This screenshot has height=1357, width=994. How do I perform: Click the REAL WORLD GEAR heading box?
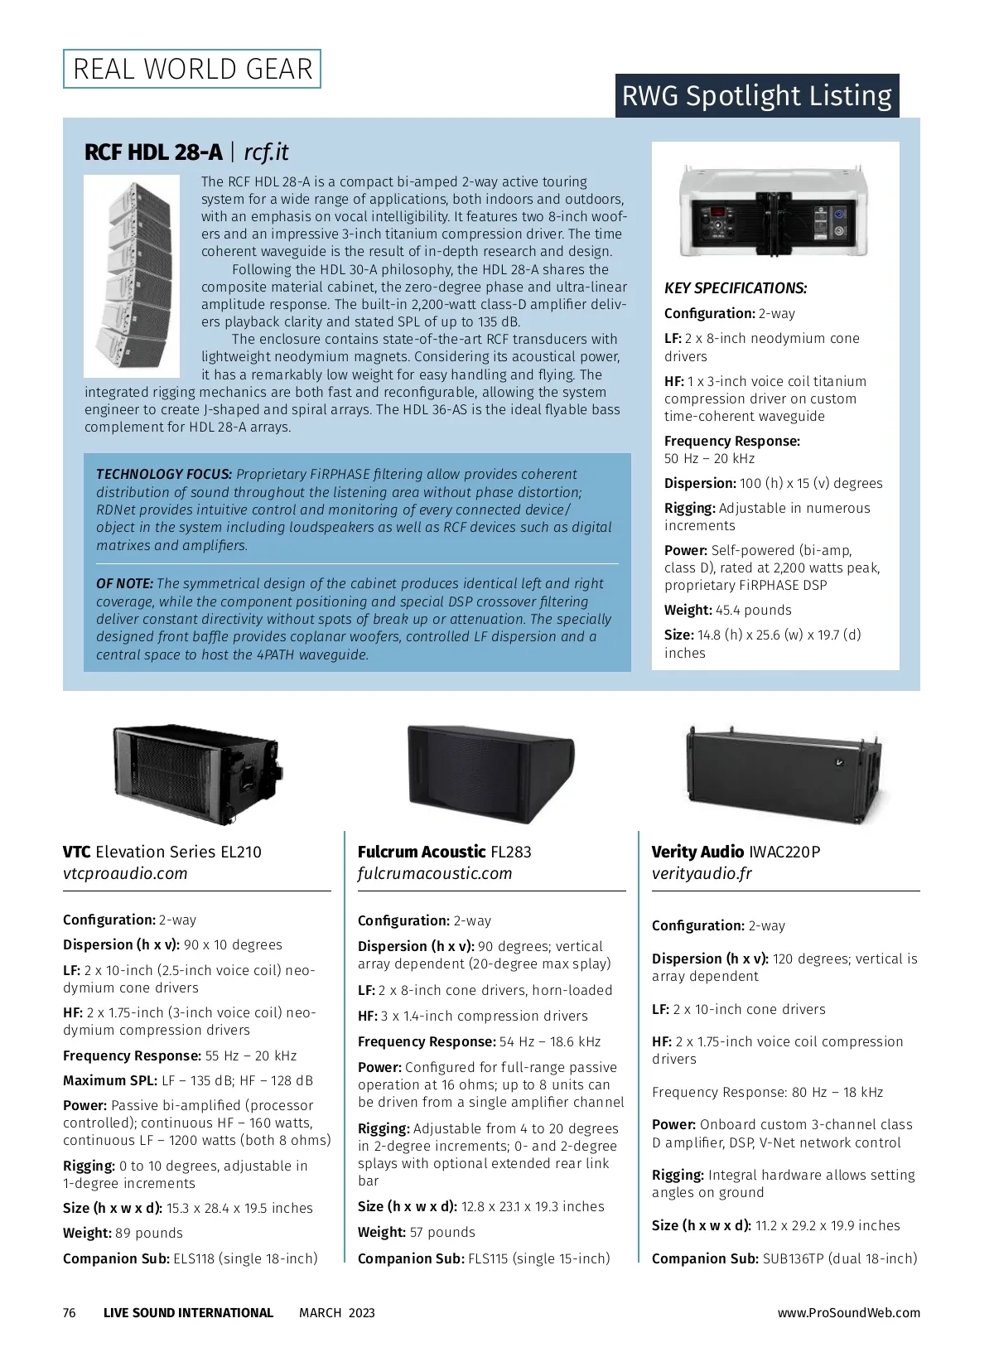pyautogui.click(x=192, y=69)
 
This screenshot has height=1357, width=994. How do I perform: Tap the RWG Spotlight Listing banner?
pyautogui.click(x=756, y=96)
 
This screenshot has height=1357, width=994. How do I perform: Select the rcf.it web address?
pyautogui.click(x=266, y=152)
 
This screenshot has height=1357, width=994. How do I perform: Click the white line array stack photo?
pyautogui.click(x=132, y=276)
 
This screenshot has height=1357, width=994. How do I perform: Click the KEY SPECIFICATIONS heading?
pyautogui.click(x=736, y=288)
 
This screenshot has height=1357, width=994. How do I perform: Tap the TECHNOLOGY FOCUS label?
pyautogui.click(x=164, y=475)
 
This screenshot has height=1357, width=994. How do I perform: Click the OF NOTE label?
pyautogui.click(x=124, y=584)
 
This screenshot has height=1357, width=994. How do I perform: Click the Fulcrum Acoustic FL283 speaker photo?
pyautogui.click(x=490, y=772)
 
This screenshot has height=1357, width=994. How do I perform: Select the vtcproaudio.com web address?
pyautogui.click(x=125, y=874)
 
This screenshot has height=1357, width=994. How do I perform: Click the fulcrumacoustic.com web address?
pyautogui.click(x=435, y=874)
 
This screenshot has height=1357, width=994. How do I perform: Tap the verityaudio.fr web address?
pyautogui.click(x=702, y=874)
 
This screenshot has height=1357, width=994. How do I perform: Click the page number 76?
pyautogui.click(x=70, y=1313)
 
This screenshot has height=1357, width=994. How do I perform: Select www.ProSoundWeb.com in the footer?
pyautogui.click(x=848, y=1313)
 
